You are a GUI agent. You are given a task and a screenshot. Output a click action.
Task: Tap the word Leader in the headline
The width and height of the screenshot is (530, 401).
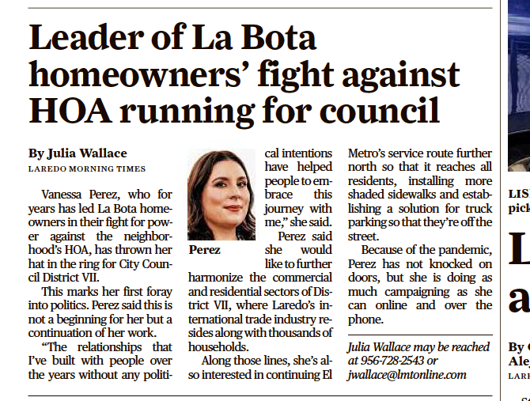click(x=84, y=37)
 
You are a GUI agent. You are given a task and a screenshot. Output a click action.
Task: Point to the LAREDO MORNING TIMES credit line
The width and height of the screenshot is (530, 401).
click(x=87, y=168)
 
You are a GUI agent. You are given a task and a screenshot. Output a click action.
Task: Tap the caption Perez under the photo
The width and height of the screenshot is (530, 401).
click(x=204, y=250)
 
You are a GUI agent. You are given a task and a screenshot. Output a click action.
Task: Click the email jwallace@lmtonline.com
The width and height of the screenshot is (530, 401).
click(x=407, y=375)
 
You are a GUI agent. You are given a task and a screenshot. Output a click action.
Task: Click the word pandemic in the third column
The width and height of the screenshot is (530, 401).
click(x=456, y=250)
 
